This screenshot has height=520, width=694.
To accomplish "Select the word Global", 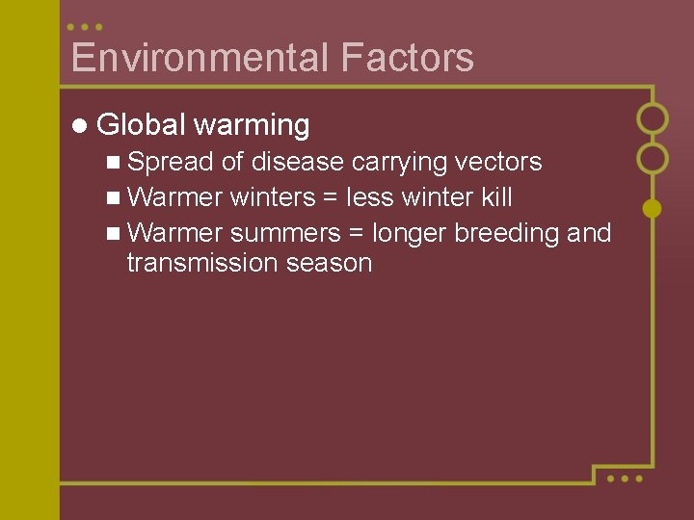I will pos(142,125).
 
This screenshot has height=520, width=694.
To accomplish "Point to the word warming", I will pos(252,125).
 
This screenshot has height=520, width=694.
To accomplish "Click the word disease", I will pos(298,162).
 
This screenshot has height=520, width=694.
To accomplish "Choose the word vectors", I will pos(494,162).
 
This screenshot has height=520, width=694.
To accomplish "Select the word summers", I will pos(285,233).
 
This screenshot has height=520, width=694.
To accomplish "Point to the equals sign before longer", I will pos(357,234).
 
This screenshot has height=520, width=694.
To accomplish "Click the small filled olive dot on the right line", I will pos(653,208).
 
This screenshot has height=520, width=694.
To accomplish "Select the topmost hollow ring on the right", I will pos(653,118).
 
